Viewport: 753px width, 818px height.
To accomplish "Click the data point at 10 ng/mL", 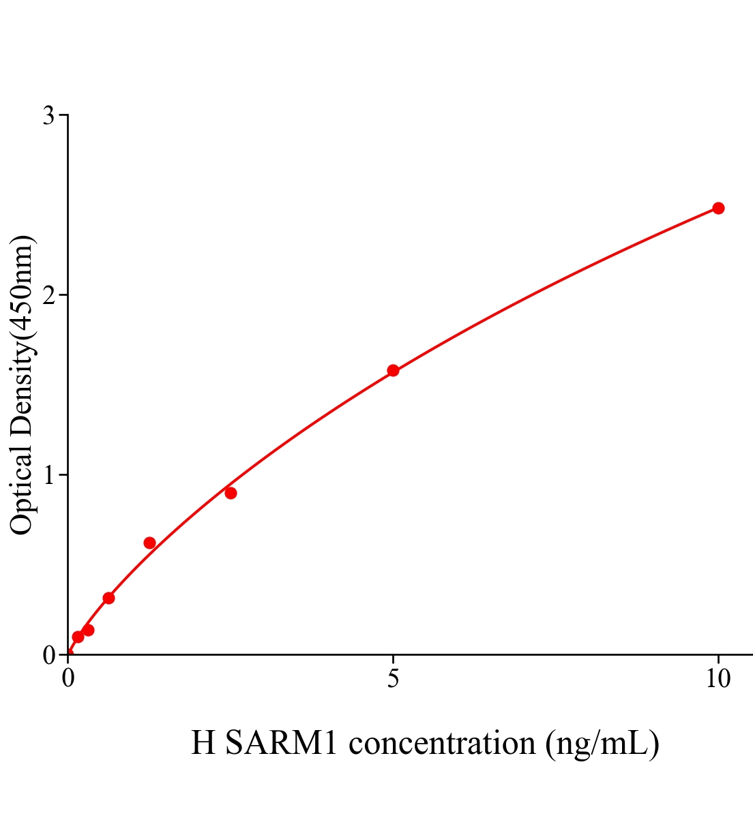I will (x=718, y=208).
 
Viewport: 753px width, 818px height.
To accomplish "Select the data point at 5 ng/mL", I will (x=393, y=370).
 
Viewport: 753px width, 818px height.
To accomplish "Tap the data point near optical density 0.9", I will (x=231, y=493).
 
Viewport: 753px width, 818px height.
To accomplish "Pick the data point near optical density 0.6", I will (x=149, y=543).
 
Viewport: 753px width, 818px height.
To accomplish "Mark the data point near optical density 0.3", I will (x=108, y=598).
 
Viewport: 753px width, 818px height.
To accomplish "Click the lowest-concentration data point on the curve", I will (x=78, y=637).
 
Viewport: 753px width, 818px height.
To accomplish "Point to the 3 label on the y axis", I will (x=48, y=116).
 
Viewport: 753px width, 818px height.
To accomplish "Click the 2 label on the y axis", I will (x=48, y=295).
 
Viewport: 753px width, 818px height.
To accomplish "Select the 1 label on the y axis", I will (x=48, y=475).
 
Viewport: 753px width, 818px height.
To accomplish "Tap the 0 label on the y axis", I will (x=48, y=655).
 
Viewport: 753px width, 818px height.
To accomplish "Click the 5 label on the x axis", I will (x=393, y=679).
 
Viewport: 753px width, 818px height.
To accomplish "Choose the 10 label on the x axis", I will (x=718, y=679).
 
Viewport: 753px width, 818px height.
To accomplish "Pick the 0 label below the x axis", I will (x=68, y=679).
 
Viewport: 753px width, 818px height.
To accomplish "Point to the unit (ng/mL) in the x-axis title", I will (x=602, y=743).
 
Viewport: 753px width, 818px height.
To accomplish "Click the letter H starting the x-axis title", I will (x=203, y=743).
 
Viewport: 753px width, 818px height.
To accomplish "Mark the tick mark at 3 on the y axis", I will (x=63, y=115).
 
